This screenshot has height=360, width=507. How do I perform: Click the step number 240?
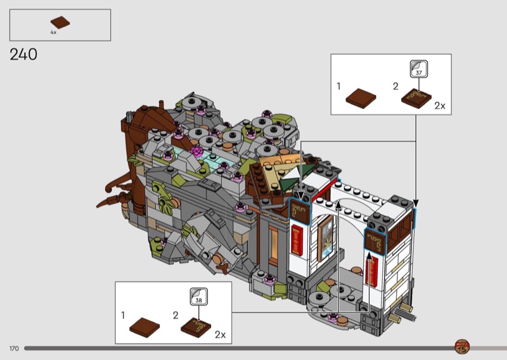(23, 55)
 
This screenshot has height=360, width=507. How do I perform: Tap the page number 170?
(14, 349)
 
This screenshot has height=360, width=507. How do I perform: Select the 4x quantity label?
(53, 32)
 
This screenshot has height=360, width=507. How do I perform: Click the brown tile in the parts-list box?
(60, 22)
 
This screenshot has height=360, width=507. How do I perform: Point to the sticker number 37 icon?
(419, 69)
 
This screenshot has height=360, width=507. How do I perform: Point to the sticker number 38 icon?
(198, 296)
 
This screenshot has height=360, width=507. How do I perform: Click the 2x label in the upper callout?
(440, 106)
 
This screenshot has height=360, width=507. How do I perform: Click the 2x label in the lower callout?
(220, 335)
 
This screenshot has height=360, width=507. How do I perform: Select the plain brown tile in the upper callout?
(361, 98)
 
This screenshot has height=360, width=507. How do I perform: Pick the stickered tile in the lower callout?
(196, 327)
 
